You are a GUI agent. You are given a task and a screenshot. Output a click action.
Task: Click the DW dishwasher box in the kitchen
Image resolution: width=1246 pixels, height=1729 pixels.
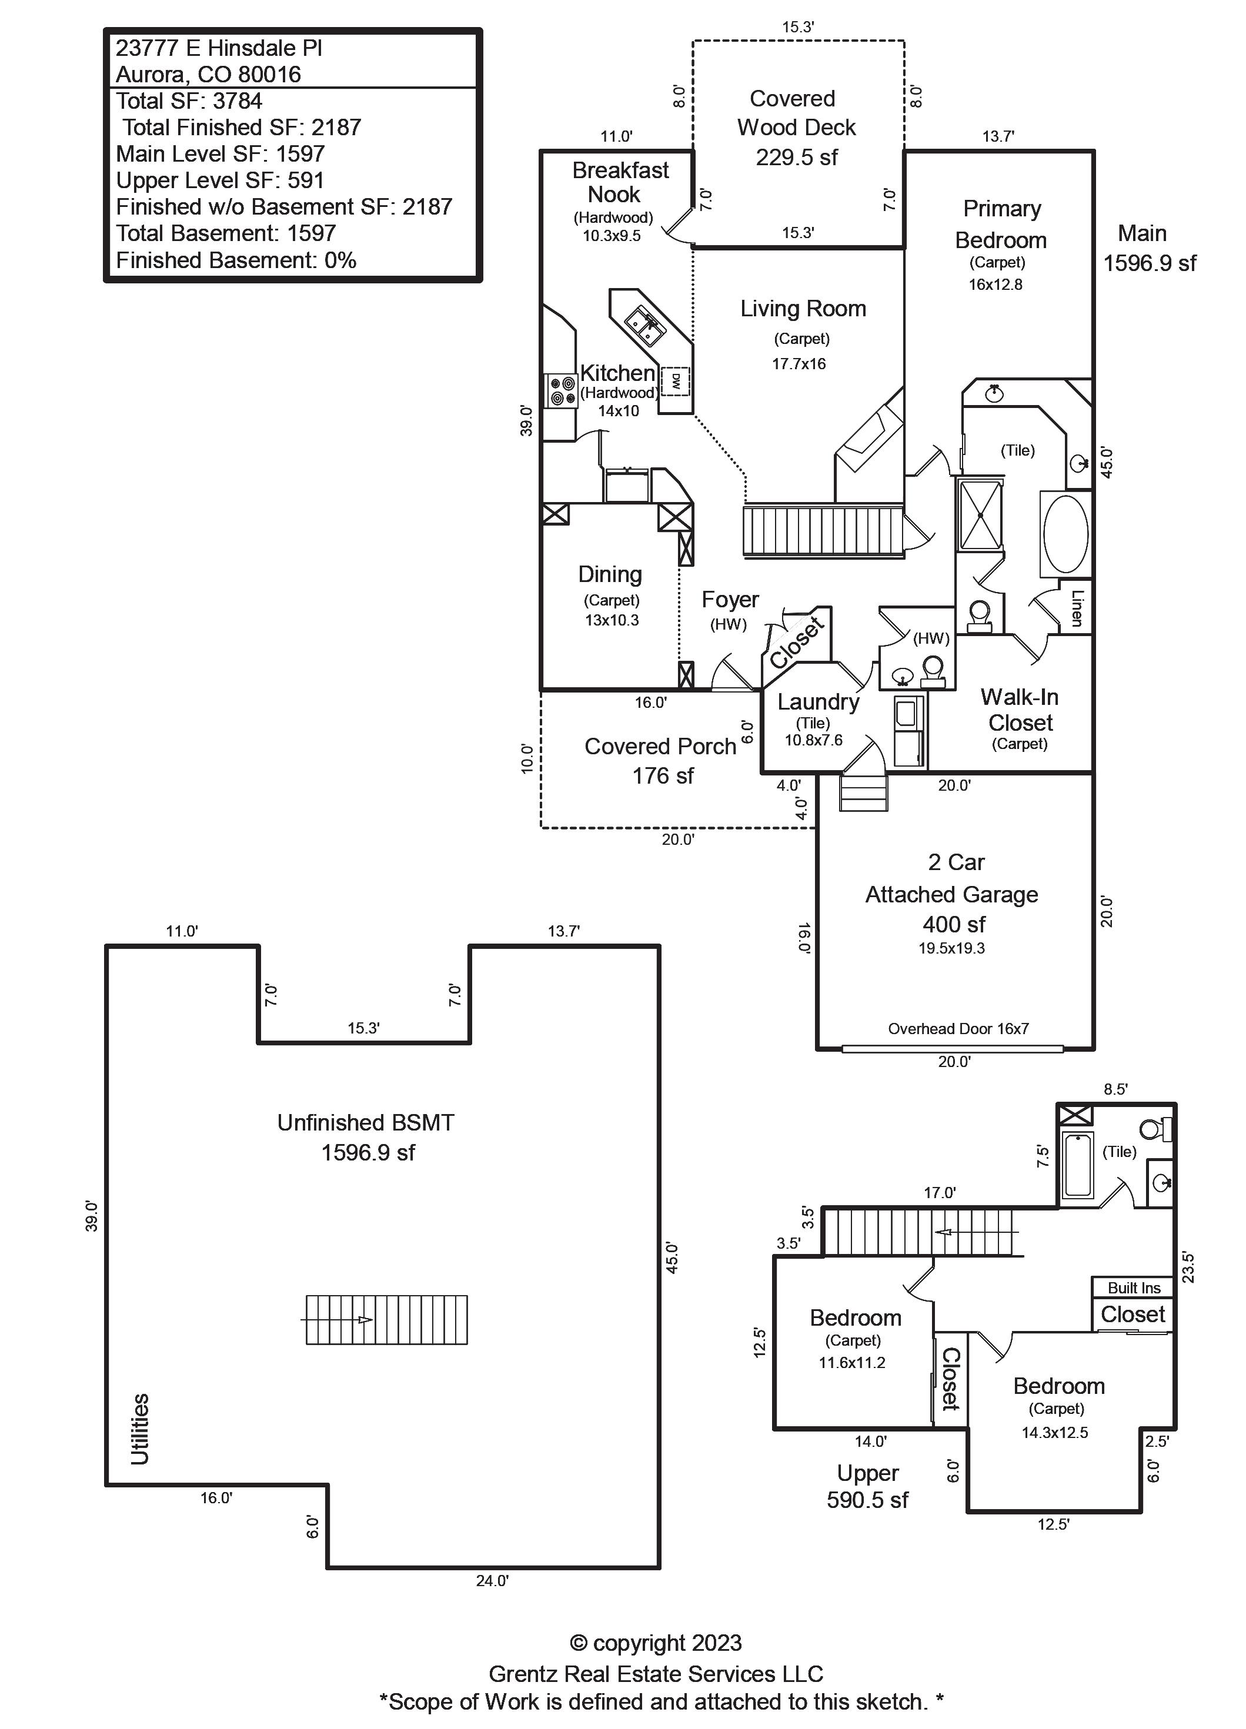pyautogui.click(x=675, y=381)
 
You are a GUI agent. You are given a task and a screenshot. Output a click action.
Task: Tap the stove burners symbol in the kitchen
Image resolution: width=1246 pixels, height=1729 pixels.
pyautogui.click(x=562, y=390)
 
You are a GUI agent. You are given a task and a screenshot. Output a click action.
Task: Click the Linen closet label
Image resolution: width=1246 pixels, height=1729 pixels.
pyautogui.click(x=1077, y=607)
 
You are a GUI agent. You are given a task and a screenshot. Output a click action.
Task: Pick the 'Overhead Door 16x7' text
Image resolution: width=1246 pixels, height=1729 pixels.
pyautogui.click(x=958, y=1028)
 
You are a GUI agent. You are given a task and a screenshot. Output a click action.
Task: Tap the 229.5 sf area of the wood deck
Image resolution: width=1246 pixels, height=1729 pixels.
pyautogui.click(x=796, y=157)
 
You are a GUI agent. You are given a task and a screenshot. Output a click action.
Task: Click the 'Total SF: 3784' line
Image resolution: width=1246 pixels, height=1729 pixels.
pyautogui.click(x=189, y=101)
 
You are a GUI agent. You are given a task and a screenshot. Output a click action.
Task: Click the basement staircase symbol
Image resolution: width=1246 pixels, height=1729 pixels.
pyautogui.click(x=386, y=1320)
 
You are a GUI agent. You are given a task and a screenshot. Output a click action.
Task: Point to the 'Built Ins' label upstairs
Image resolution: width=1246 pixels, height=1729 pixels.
pyautogui.click(x=1134, y=1287)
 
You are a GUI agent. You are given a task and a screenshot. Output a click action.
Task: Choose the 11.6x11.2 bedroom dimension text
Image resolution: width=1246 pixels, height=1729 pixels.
pyautogui.click(x=852, y=1362)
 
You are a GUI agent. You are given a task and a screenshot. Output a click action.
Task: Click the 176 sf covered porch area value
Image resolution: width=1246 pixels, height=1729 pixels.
pyautogui.click(x=663, y=775)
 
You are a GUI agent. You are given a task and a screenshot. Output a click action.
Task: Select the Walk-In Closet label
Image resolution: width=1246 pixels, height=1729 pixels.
pyautogui.click(x=1020, y=710)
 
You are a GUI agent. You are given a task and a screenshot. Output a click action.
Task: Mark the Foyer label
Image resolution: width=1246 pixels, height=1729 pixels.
pyautogui.click(x=730, y=600)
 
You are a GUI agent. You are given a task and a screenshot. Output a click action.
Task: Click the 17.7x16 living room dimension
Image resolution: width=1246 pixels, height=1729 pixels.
pyautogui.click(x=799, y=364)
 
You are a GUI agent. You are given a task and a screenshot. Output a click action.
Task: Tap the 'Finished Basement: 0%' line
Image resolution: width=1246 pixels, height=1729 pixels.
pyautogui.click(x=236, y=260)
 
